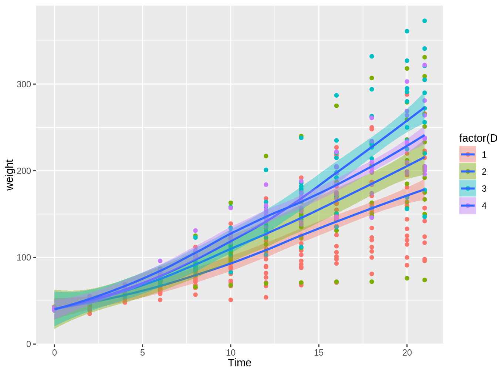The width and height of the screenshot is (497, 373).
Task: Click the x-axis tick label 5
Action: pyautogui.click(x=142, y=353)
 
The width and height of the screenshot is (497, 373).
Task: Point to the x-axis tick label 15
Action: pyautogui.click(x=319, y=353)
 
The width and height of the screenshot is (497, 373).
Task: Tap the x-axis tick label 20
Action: pyautogui.click(x=407, y=353)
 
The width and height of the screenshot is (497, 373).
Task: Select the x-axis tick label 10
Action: pyautogui.click(x=231, y=353)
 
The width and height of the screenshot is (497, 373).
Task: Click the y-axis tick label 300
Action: pyautogui.click(x=24, y=84)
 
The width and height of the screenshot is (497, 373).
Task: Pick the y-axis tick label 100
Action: pyautogui.click(x=24, y=258)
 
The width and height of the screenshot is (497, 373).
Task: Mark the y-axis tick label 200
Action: pyautogui.click(x=24, y=171)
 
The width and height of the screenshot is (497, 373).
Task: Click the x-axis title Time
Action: pyautogui.click(x=240, y=363)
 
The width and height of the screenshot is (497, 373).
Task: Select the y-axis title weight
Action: pyautogui.click(x=10, y=175)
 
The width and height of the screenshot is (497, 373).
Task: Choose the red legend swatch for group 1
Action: pyautogui.click(x=468, y=154)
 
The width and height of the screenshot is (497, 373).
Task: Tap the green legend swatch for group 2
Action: pyautogui.click(x=468, y=171)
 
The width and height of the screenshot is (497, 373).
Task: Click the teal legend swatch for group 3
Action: pyautogui.click(x=468, y=188)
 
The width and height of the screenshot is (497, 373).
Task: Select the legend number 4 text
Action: pyautogui.click(x=484, y=206)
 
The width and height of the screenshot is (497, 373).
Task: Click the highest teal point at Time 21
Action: pyautogui.click(x=425, y=21)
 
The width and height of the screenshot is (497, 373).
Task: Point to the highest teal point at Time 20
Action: pyautogui.click(x=407, y=31)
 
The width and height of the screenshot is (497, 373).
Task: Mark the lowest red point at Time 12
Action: pyautogui.click(x=266, y=297)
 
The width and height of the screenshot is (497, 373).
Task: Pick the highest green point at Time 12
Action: pyautogui.click(x=266, y=156)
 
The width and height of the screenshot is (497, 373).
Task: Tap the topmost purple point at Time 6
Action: pyautogui.click(x=160, y=261)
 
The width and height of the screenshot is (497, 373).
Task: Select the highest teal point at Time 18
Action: pyautogui.click(x=372, y=56)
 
